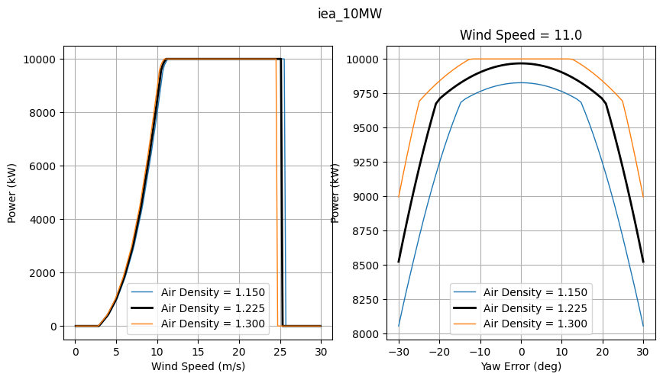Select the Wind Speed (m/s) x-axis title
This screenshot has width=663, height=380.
pyautogui.click(x=198, y=366)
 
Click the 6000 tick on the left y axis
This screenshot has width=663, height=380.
pyautogui.click(x=47, y=166)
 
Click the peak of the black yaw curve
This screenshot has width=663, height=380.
pyautogui.click(x=521, y=63)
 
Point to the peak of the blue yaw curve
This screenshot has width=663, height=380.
pyautogui.click(x=521, y=82)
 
